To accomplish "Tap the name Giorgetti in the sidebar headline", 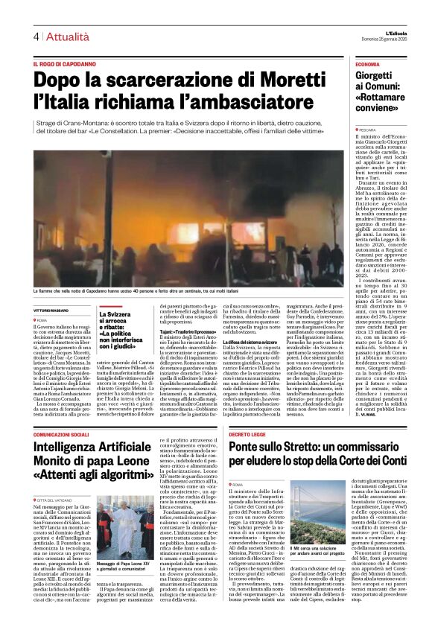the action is pos(378,77).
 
